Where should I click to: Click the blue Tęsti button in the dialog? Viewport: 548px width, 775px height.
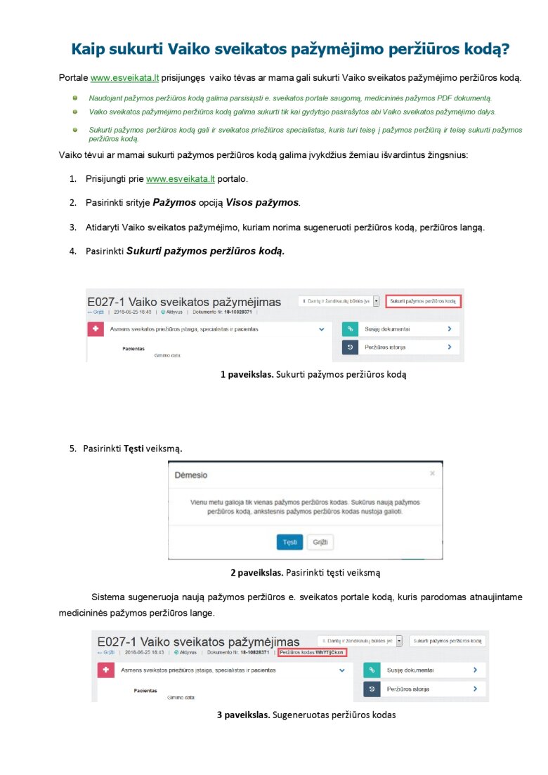pos(289,542)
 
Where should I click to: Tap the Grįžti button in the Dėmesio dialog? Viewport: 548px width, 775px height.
pos(320,542)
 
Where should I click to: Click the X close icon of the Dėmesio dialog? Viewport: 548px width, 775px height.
pos(432,474)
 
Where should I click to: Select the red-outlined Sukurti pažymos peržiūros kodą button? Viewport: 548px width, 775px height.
pos(423,300)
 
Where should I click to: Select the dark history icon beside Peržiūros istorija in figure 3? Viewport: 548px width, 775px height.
pos(372,689)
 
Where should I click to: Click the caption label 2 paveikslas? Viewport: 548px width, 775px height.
pos(257,572)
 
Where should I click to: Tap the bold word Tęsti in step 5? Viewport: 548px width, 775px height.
pos(133,448)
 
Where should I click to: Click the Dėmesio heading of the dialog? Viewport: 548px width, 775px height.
pos(191,475)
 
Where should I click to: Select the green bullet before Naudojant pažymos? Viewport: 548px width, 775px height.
pos(74,98)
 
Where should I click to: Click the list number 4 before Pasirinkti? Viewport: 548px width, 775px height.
pos(72,251)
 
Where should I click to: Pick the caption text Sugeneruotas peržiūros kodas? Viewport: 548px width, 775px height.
pos(334,715)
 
